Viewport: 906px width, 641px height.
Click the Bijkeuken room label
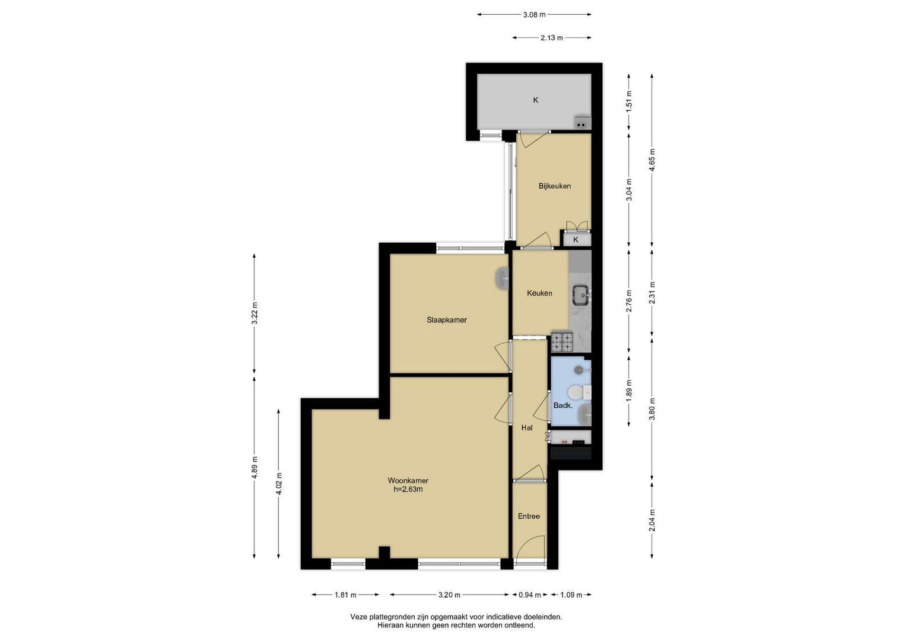[x=555, y=186]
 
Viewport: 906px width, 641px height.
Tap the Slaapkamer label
[x=447, y=320]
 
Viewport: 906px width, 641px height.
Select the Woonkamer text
[x=408, y=481]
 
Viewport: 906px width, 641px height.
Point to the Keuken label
[x=539, y=293]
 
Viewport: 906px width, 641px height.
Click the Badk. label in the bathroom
[x=562, y=405]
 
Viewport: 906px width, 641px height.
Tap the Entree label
[x=529, y=516]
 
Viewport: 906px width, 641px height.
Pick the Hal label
[x=527, y=428]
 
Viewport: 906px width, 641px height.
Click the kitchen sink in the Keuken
[x=581, y=294]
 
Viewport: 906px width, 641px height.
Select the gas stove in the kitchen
[x=562, y=341]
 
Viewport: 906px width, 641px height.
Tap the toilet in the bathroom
[x=579, y=392]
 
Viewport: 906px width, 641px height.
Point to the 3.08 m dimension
[x=535, y=15]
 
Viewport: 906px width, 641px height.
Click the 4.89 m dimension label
[x=254, y=468]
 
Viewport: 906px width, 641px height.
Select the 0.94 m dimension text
[x=529, y=595]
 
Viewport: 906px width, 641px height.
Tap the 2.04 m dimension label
[x=651, y=520]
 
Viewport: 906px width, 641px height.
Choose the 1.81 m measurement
[x=345, y=595]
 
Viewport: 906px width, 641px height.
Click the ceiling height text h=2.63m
[x=408, y=489]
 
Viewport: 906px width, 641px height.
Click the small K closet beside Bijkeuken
[x=576, y=240]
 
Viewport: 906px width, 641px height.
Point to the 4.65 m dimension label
[x=651, y=160]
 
